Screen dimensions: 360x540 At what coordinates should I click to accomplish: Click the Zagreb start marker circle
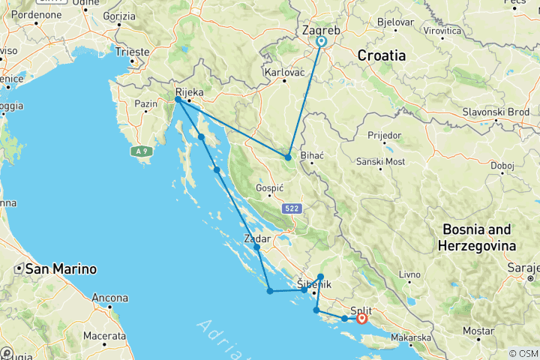[321, 42]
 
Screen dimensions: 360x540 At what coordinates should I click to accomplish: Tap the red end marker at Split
[363, 318]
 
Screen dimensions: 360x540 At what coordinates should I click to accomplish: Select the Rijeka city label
[189, 85]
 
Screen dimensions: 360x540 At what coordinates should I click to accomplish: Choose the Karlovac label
[284, 73]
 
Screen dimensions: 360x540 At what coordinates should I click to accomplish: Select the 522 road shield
[292, 208]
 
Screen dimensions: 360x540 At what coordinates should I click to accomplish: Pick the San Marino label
[61, 268]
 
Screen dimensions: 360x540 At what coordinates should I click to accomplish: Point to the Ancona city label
[109, 297]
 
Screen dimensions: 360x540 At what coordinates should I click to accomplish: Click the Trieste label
[132, 52]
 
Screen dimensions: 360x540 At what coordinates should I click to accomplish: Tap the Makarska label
[430, 337]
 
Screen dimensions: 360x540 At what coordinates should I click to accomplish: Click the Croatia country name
[381, 55]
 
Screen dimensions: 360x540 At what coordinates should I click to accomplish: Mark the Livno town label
[409, 275]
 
